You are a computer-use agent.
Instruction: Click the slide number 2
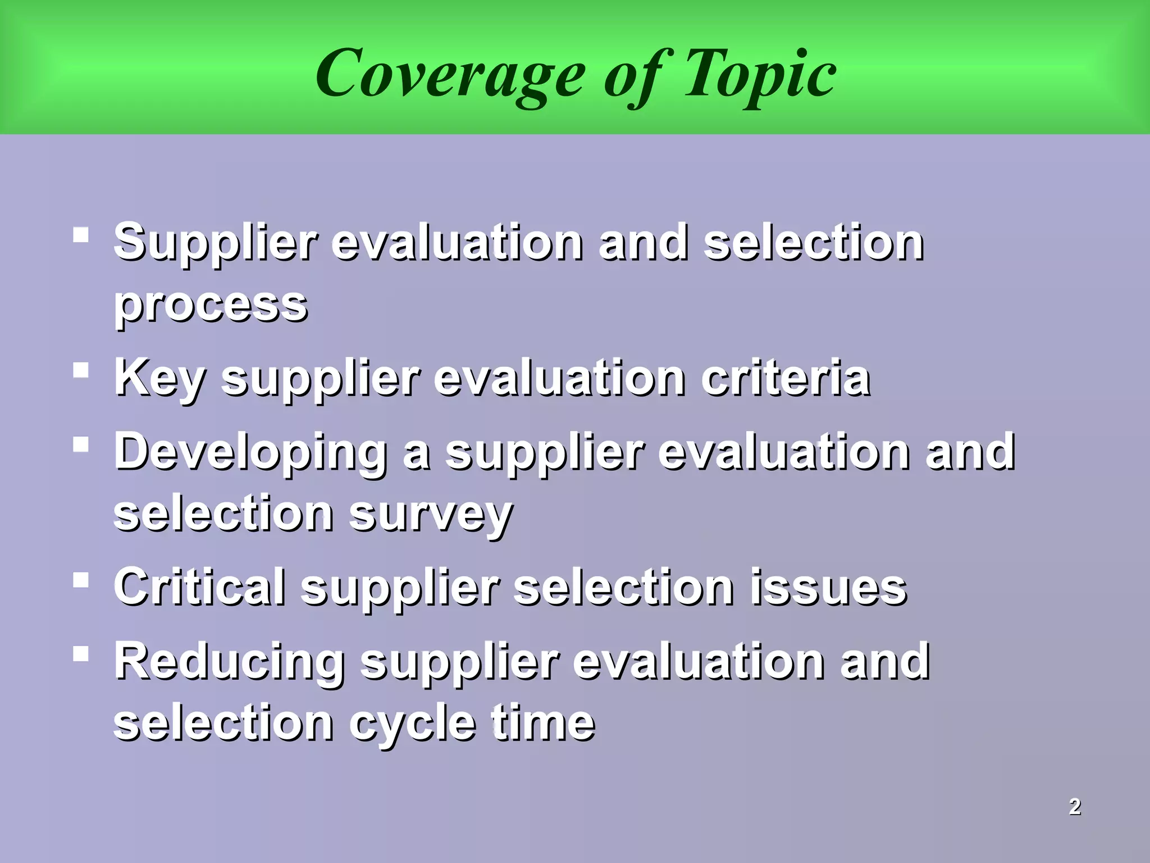[x=1075, y=806]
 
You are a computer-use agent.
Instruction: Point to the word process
[x=211, y=305]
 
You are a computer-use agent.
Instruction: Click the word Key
[x=159, y=378]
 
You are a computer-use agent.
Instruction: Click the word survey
[x=430, y=514]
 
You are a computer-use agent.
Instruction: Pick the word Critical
[x=199, y=587]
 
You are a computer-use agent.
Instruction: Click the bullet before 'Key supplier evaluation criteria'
[x=81, y=370]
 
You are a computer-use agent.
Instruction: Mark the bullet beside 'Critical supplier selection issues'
[x=81, y=579]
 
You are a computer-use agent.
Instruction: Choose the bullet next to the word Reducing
[x=81, y=653]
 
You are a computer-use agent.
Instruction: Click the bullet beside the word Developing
[x=81, y=444]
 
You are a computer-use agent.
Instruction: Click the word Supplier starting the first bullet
[x=216, y=243]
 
